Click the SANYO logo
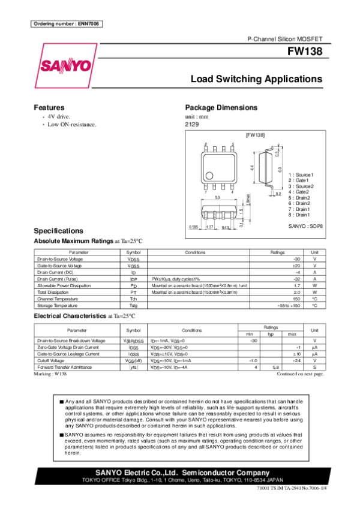pyautogui.click(x=66, y=65)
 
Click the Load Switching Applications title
pyautogui.click(x=256, y=79)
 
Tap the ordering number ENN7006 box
pyautogui.click(x=66, y=24)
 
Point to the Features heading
pyautogui.click(x=49, y=108)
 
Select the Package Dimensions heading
pyautogui.click(x=221, y=108)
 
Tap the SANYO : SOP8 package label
pyautogui.click(x=306, y=226)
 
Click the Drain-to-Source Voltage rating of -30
pyautogui.click(x=296, y=258)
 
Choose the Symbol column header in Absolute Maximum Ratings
pyautogui.click(x=133, y=252)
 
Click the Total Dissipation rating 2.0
pyautogui.click(x=296, y=293)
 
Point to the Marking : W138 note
pyautogui.click(x=50, y=374)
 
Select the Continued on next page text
pyautogui.click(x=300, y=374)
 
